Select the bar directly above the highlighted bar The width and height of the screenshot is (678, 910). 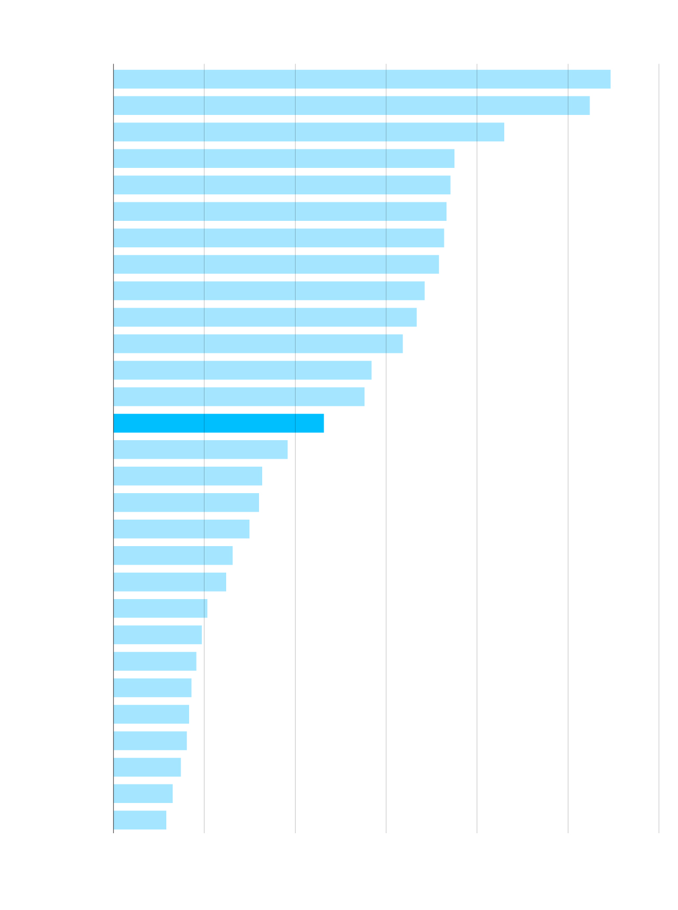[x=239, y=397]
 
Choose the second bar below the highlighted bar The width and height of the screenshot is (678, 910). [x=188, y=476]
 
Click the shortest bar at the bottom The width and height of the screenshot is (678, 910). [x=140, y=820]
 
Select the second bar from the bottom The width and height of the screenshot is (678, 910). [x=143, y=793]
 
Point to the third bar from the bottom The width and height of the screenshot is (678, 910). [x=147, y=767]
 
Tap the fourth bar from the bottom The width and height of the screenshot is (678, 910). [x=150, y=741]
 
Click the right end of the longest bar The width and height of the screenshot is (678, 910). [x=610, y=79]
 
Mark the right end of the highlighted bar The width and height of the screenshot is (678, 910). [x=323, y=423]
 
